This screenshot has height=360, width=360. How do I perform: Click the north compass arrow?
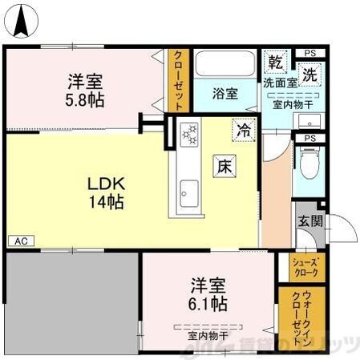coord(26,20)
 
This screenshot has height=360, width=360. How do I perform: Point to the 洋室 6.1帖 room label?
coord(208,294)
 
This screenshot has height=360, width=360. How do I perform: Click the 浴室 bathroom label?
coord(224,94)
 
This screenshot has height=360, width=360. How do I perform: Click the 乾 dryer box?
coord(275,63)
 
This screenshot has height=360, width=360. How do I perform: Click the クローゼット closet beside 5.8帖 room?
coord(177,80)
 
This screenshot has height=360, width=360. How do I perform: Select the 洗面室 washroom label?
coord(281,83)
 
